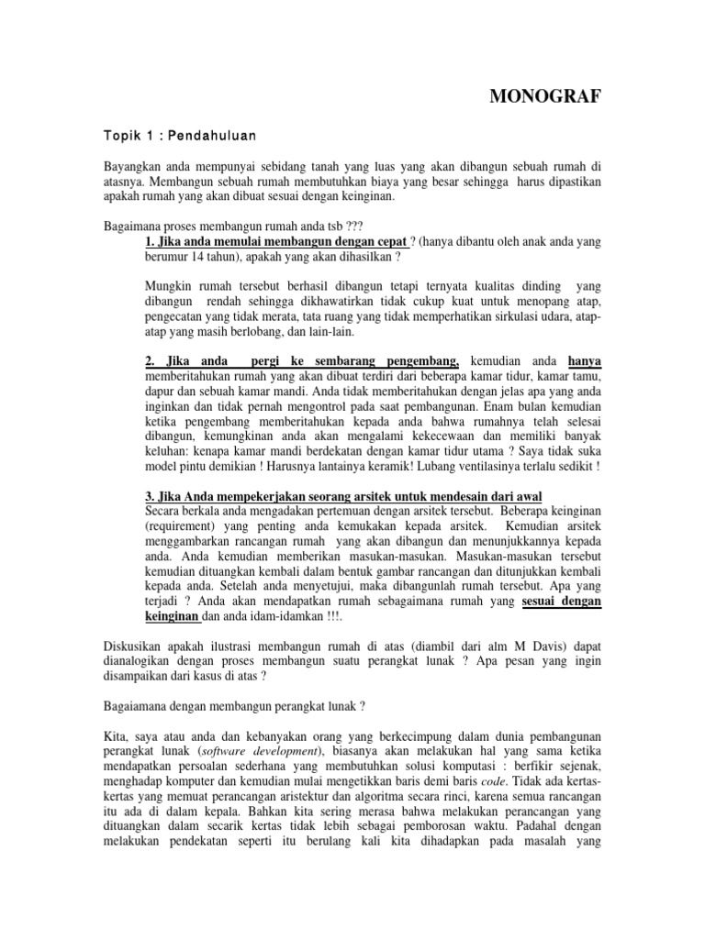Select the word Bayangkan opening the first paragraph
135,167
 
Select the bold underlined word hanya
585,362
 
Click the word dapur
162,392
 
